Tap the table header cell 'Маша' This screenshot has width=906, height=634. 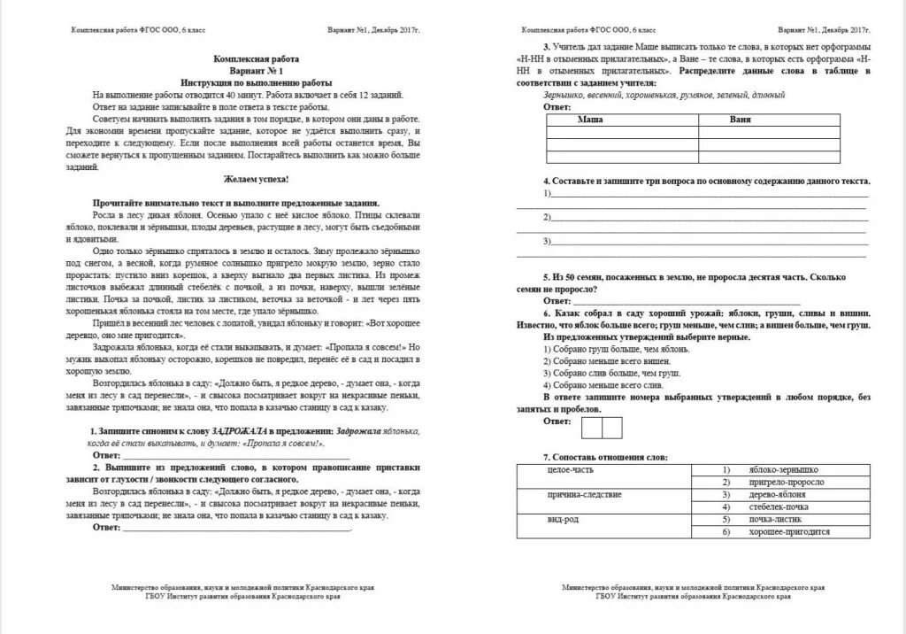point(590,118)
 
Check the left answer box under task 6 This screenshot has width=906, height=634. point(590,428)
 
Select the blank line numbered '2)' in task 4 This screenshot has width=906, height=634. point(708,217)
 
